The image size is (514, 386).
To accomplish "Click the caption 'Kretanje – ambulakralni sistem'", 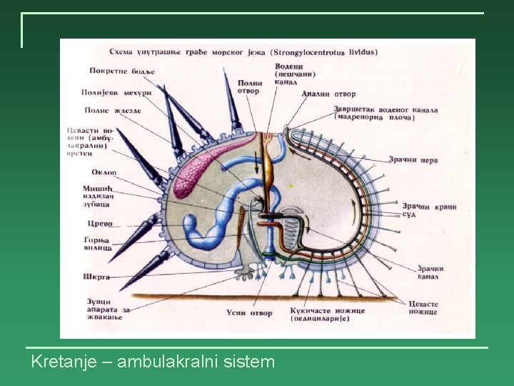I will (x=153, y=362).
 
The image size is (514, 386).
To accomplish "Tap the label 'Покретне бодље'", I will (x=122, y=71).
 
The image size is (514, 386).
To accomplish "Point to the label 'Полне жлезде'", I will (x=112, y=110).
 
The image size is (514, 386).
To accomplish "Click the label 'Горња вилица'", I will (x=98, y=243).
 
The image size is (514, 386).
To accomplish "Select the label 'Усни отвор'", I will (x=249, y=312).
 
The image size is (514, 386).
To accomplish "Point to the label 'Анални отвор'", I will (x=328, y=94).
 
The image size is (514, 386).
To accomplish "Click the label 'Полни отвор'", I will (x=248, y=86).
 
